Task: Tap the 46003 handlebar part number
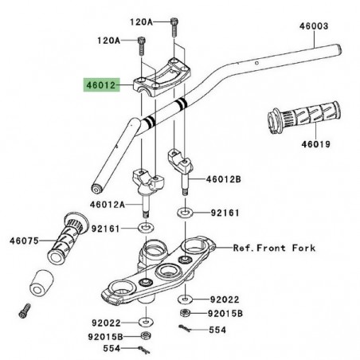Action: coord(313,25)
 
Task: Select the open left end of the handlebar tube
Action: coord(96,189)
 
